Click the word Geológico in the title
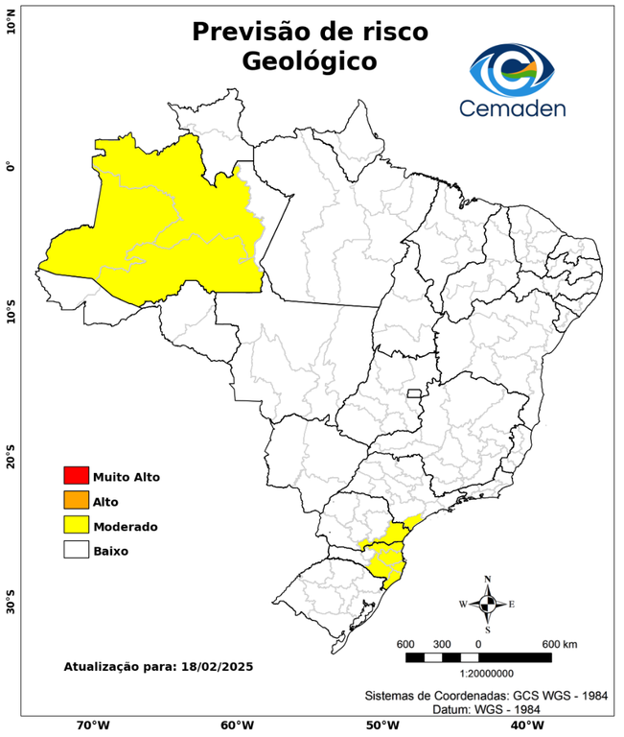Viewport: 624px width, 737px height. [x=310, y=61]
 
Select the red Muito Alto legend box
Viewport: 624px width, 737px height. [x=76, y=475]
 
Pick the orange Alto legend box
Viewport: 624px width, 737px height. [x=76, y=500]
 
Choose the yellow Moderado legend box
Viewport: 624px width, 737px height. [x=76, y=525]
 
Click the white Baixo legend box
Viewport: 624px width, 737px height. [x=76, y=550]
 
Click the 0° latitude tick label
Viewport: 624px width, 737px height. [x=11, y=167]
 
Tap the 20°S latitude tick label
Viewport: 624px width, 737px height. [x=11, y=458]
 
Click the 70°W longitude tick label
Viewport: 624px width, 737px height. [x=93, y=725]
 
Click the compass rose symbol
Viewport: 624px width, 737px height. [x=487, y=604]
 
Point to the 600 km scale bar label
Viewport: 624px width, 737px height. [x=560, y=643]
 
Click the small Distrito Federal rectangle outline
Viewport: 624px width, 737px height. [x=415, y=393]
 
